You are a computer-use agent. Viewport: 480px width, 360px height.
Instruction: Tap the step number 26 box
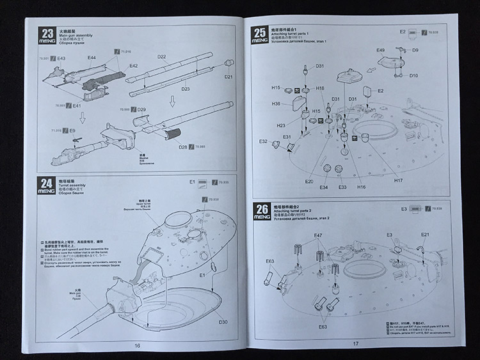click(x=261, y=210)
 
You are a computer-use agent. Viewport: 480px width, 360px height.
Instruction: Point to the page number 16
click(x=137, y=345)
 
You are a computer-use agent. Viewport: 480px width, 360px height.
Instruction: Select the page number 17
click(x=356, y=344)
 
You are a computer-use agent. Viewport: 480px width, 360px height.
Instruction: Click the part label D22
click(x=161, y=58)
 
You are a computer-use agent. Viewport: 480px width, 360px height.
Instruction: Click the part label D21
click(x=228, y=77)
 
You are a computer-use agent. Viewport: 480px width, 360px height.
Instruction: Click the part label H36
click(x=276, y=104)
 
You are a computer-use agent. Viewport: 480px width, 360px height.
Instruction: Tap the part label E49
click(x=381, y=50)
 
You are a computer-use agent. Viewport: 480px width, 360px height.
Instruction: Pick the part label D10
click(x=413, y=76)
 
